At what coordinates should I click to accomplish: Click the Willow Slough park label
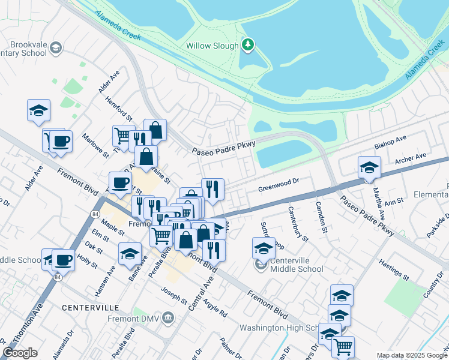213,46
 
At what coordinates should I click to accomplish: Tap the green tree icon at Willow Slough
247,45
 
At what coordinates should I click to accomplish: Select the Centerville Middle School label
297,265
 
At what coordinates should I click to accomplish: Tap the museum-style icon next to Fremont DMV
169,317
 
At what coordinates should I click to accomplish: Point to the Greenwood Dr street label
278,184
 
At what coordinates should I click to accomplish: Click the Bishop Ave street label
390,142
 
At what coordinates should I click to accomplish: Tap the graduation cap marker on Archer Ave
369,167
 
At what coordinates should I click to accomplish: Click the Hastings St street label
394,271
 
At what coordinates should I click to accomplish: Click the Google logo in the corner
20,353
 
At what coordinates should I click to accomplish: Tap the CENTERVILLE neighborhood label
90,307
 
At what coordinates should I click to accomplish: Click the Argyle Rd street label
214,307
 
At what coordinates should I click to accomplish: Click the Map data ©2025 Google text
412,355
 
